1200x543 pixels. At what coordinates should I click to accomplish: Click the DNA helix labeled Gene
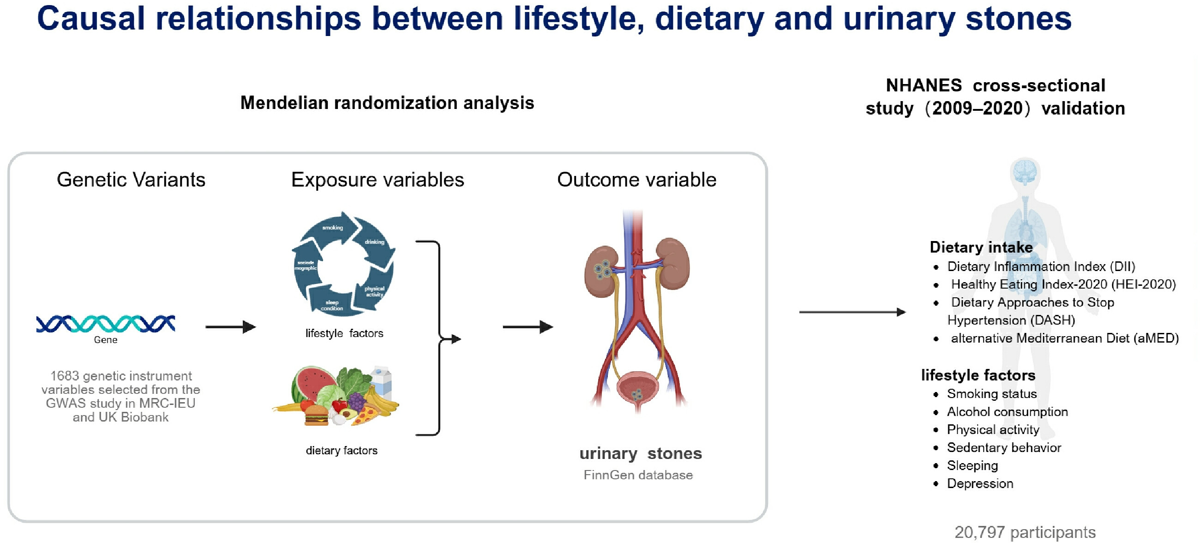(x=106, y=324)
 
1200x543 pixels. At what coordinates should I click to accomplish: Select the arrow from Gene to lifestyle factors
(x=231, y=327)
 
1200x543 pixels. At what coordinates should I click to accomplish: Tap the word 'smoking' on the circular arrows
(x=333, y=228)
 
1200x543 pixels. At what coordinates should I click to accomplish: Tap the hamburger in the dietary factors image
(x=316, y=415)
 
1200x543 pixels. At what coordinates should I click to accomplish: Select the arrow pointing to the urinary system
(x=528, y=327)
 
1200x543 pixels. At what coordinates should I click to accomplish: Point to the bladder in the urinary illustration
(x=636, y=390)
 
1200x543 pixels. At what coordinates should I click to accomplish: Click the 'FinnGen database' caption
(x=638, y=475)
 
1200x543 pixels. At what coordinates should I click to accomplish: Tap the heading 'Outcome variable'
(x=636, y=180)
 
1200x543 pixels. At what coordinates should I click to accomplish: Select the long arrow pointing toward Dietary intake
(x=852, y=312)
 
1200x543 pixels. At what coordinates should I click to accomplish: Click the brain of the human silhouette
(x=1025, y=170)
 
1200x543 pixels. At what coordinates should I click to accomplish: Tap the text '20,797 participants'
(x=1025, y=532)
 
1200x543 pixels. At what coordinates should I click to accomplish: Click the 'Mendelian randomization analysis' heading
(x=387, y=103)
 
